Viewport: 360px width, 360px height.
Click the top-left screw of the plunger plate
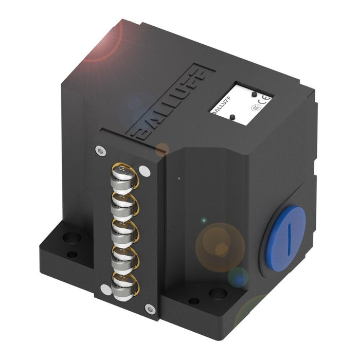pyautogui.click(x=99, y=150)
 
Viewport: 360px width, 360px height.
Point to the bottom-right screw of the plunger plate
pyautogui.click(x=150, y=309)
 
